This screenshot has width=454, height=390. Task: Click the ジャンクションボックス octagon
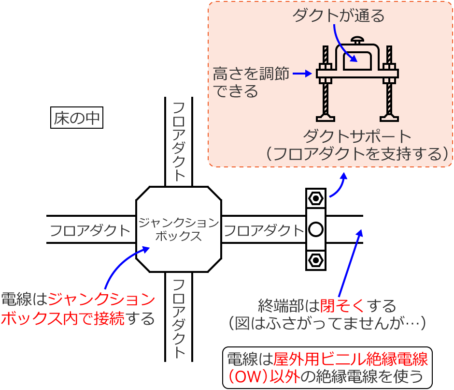pyautogui.click(x=179, y=229)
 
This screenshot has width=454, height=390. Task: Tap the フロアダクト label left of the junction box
pyautogui.click(x=90, y=230)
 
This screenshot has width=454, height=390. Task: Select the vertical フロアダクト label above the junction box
pyautogui.click(x=179, y=141)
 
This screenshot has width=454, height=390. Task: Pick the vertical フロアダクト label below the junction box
pyautogui.click(x=179, y=318)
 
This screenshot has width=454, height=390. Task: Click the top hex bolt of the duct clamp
pyautogui.click(x=315, y=198)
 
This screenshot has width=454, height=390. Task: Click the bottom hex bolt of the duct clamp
pyautogui.click(x=315, y=260)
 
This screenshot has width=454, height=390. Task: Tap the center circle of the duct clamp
pyautogui.click(x=315, y=229)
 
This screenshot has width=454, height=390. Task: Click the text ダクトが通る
pyautogui.click(x=339, y=16)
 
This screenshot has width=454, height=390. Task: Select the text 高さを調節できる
pyautogui.click(x=250, y=82)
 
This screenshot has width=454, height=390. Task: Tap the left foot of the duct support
pyautogui.click(x=326, y=117)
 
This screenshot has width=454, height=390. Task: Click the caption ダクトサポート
pyautogui.click(x=357, y=135)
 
